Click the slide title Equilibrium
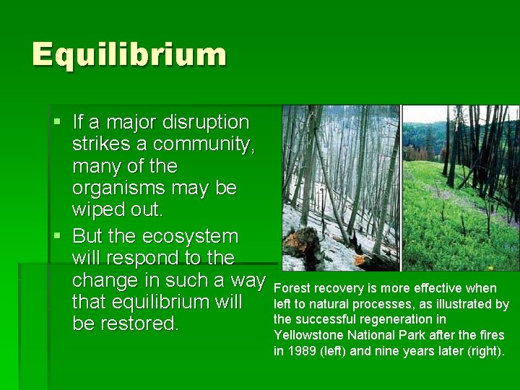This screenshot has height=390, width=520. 129,55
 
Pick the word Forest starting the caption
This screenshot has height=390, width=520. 292,288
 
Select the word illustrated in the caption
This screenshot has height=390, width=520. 464,304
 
